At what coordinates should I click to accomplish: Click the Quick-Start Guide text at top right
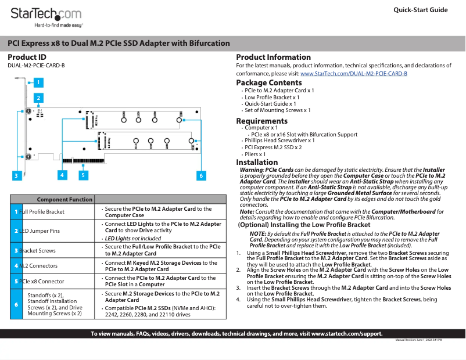pyautogui.click(x=420, y=10)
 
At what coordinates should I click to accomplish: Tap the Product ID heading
pyautogui.click(x=27, y=57)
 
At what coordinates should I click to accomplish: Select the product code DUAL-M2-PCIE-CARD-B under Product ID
pyautogui.click(x=36, y=66)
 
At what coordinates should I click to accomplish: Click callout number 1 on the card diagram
pyautogui.click(x=38, y=82)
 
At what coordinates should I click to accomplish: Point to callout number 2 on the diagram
pyautogui.click(x=38, y=98)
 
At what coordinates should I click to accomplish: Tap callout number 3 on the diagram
pyautogui.click(x=17, y=175)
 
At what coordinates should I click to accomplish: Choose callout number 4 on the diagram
pyautogui.click(x=62, y=175)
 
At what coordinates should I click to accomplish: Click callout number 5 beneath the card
pyautogui.click(x=84, y=175)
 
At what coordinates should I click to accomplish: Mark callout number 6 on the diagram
pyautogui.click(x=201, y=175)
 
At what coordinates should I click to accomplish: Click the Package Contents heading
pyautogui.click(x=268, y=83)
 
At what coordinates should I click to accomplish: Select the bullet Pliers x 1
pyautogui.click(x=255, y=155)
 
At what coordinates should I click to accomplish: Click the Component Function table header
pyautogui.click(x=64, y=200)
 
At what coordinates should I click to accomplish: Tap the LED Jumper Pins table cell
pyautogui.click(x=40, y=231)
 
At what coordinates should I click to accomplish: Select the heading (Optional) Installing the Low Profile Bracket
pyautogui.click(x=304, y=225)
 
